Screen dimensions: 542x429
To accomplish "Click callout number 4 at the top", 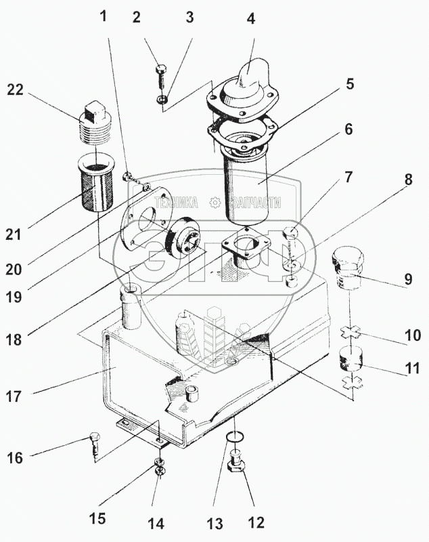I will click(x=251, y=18).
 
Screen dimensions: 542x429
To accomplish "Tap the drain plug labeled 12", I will click(x=239, y=468).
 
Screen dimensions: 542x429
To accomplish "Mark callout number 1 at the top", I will click(x=104, y=16).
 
